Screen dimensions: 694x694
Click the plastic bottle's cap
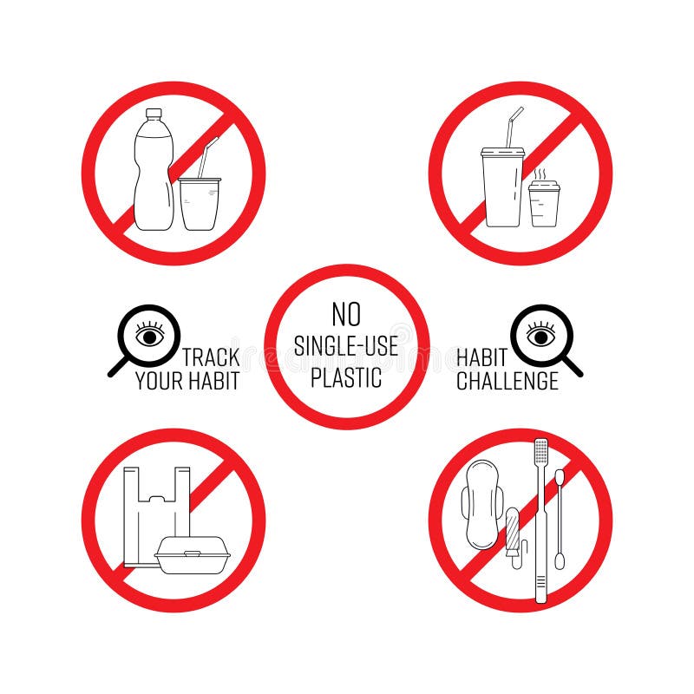tap(154, 114)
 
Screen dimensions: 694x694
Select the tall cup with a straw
tap(502, 187)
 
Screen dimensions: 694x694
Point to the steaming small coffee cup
tap(544, 203)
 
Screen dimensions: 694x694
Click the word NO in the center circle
tap(346, 313)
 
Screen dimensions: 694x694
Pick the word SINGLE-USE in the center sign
tap(346, 346)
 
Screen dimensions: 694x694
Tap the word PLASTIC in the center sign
tap(346, 377)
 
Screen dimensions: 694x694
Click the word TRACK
tap(211, 357)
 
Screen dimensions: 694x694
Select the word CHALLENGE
tap(507, 381)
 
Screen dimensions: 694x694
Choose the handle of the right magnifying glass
tap(573, 368)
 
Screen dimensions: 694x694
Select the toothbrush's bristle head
tap(541, 453)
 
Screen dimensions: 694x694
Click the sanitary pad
tap(480, 503)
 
